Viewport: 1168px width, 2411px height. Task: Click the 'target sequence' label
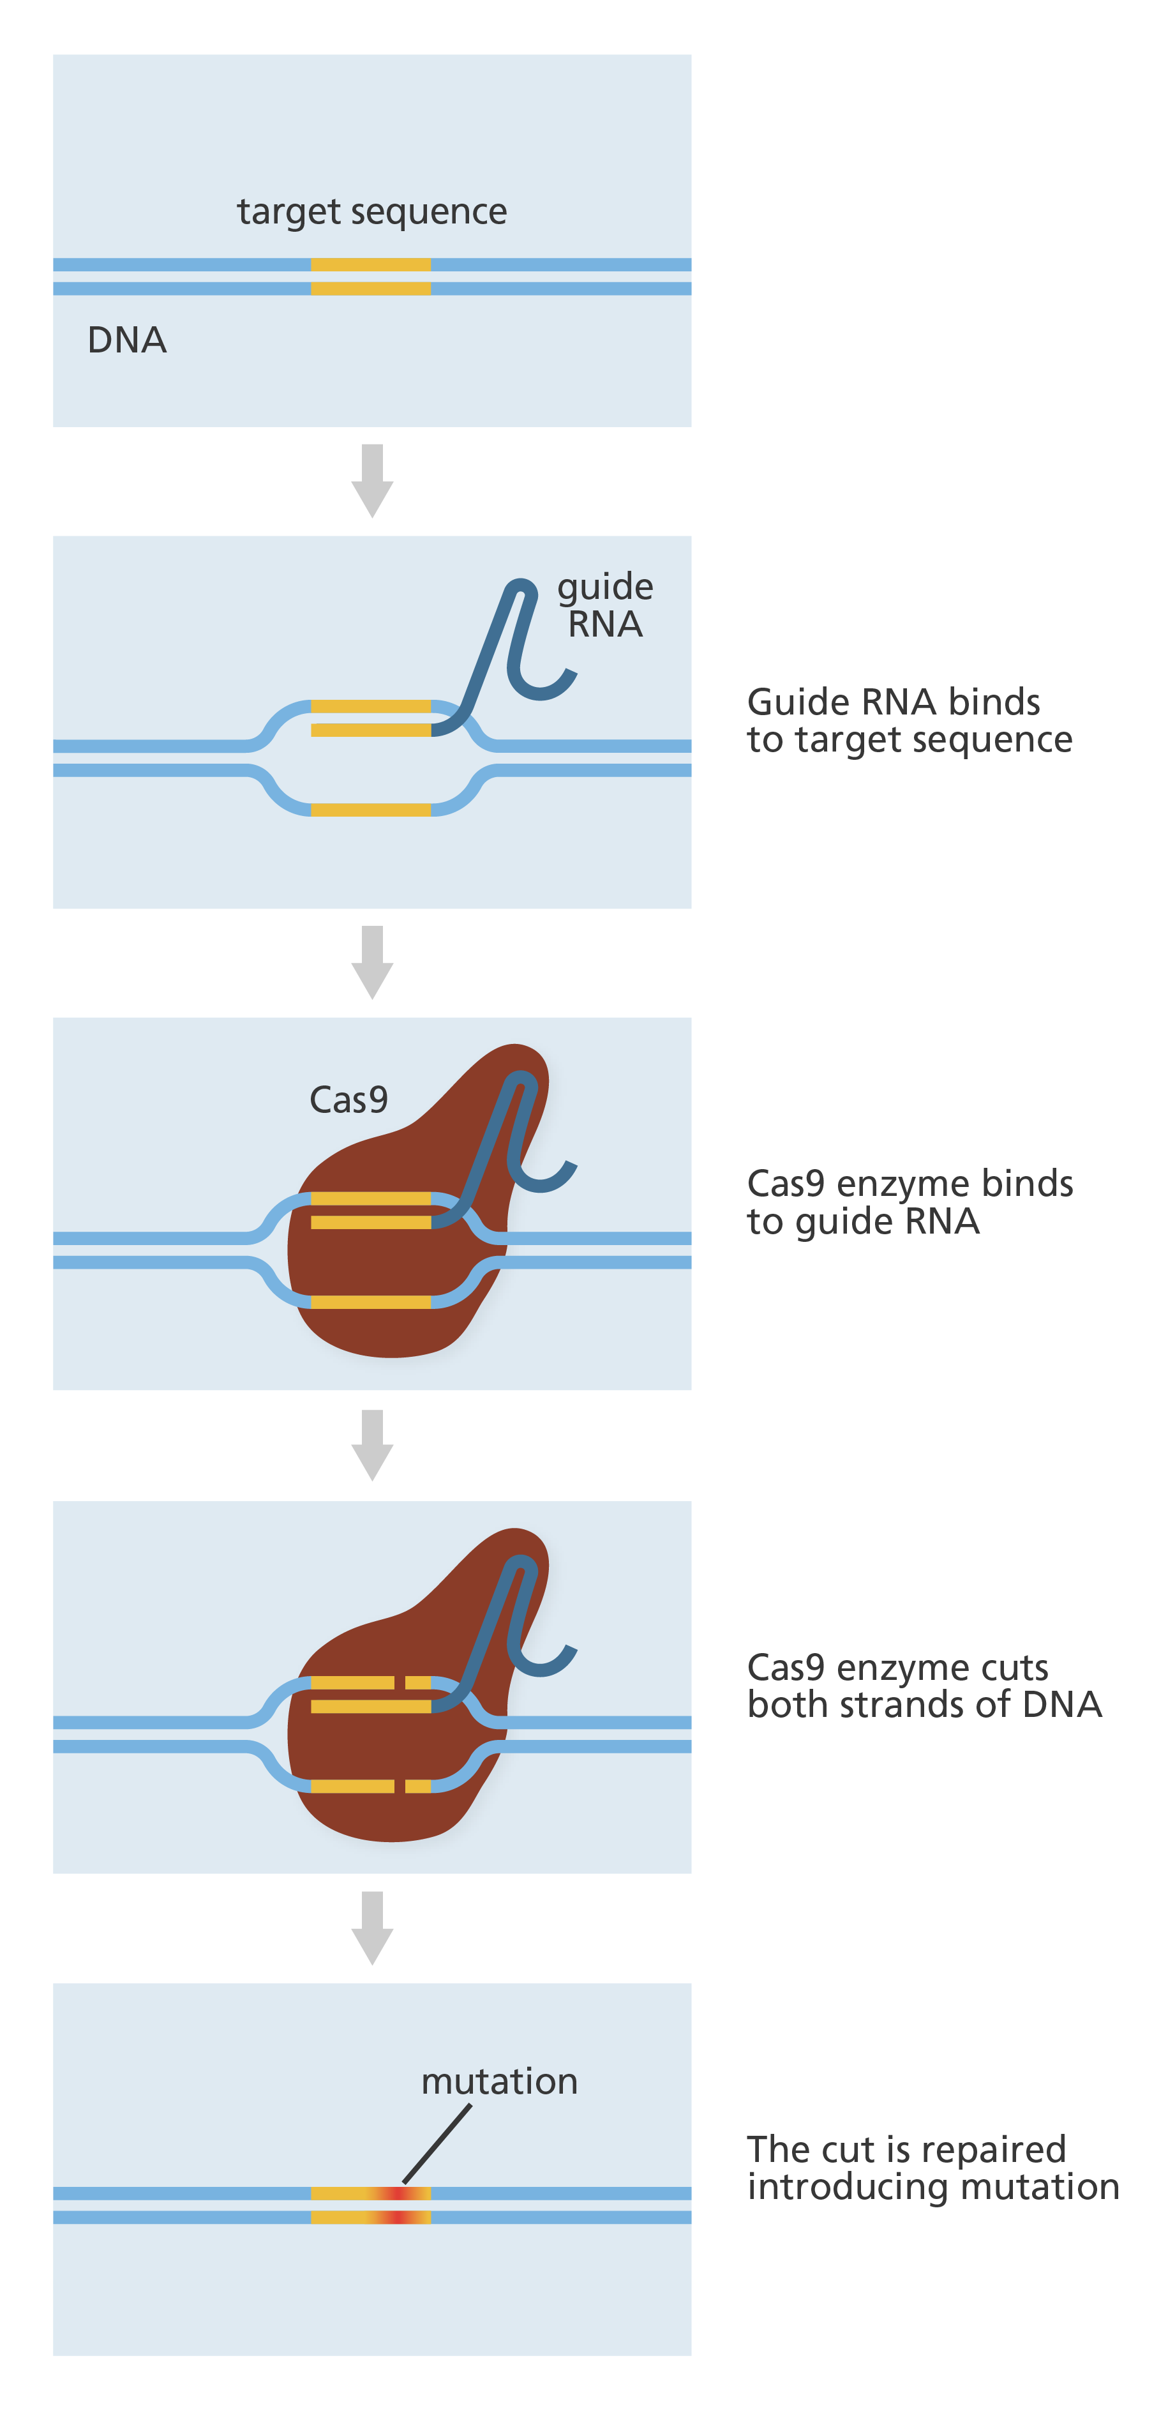point(371,211)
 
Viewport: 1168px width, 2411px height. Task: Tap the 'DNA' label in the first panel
point(126,340)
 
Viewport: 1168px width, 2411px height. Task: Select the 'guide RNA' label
point(604,605)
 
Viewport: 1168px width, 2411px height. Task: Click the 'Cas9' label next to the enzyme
point(348,1100)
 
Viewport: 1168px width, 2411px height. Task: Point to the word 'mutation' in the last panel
point(499,2081)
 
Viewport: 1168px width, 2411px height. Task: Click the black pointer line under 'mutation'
point(437,2143)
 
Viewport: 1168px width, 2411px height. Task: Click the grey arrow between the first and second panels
point(371,480)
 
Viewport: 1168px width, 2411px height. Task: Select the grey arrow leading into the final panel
point(371,1927)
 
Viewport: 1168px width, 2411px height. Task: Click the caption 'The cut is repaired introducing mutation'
point(931,2168)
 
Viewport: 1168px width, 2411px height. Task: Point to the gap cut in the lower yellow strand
point(400,1787)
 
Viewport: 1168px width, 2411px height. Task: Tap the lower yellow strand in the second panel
point(371,810)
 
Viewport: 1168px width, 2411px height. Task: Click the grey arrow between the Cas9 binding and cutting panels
point(371,1445)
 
